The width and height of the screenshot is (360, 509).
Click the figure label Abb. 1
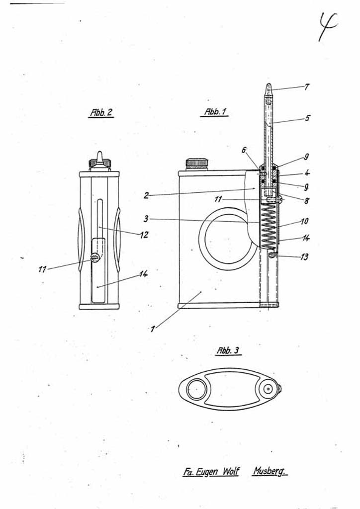(215, 112)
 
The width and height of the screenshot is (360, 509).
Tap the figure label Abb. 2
(101, 113)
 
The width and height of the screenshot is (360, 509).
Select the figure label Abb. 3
(228, 350)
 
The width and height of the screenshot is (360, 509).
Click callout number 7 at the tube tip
(307, 87)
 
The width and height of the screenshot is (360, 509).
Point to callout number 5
(307, 118)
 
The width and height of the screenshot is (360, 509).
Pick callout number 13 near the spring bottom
(304, 257)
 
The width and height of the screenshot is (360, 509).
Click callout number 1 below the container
(153, 329)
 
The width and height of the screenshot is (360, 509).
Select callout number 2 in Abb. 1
(146, 195)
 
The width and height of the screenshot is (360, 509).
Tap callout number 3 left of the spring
(146, 219)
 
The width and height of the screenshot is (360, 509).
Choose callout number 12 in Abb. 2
(144, 235)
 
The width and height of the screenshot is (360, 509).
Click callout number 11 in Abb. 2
(43, 269)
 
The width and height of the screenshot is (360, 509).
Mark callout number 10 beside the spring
(305, 221)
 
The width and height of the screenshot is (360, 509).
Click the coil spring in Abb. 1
(269, 226)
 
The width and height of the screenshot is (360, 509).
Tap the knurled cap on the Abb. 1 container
(196, 163)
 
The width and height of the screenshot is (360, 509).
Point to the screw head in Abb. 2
(94, 257)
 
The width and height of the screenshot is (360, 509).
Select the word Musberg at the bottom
(270, 471)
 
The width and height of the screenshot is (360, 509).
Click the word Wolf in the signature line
(229, 471)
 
